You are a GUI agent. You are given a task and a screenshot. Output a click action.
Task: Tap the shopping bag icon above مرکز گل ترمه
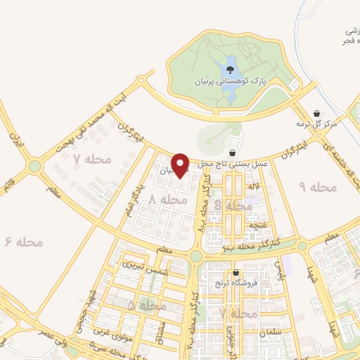coord(317,113)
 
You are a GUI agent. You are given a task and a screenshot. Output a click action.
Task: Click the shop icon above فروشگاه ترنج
coord(236,274)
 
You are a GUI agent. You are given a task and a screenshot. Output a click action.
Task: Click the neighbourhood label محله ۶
coord(25,242)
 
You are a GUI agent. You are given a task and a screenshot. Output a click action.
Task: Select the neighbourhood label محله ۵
coord(147,306)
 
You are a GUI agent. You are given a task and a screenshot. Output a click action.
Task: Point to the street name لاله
coord(253,187)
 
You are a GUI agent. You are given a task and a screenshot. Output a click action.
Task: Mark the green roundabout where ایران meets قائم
coord(34,166)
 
